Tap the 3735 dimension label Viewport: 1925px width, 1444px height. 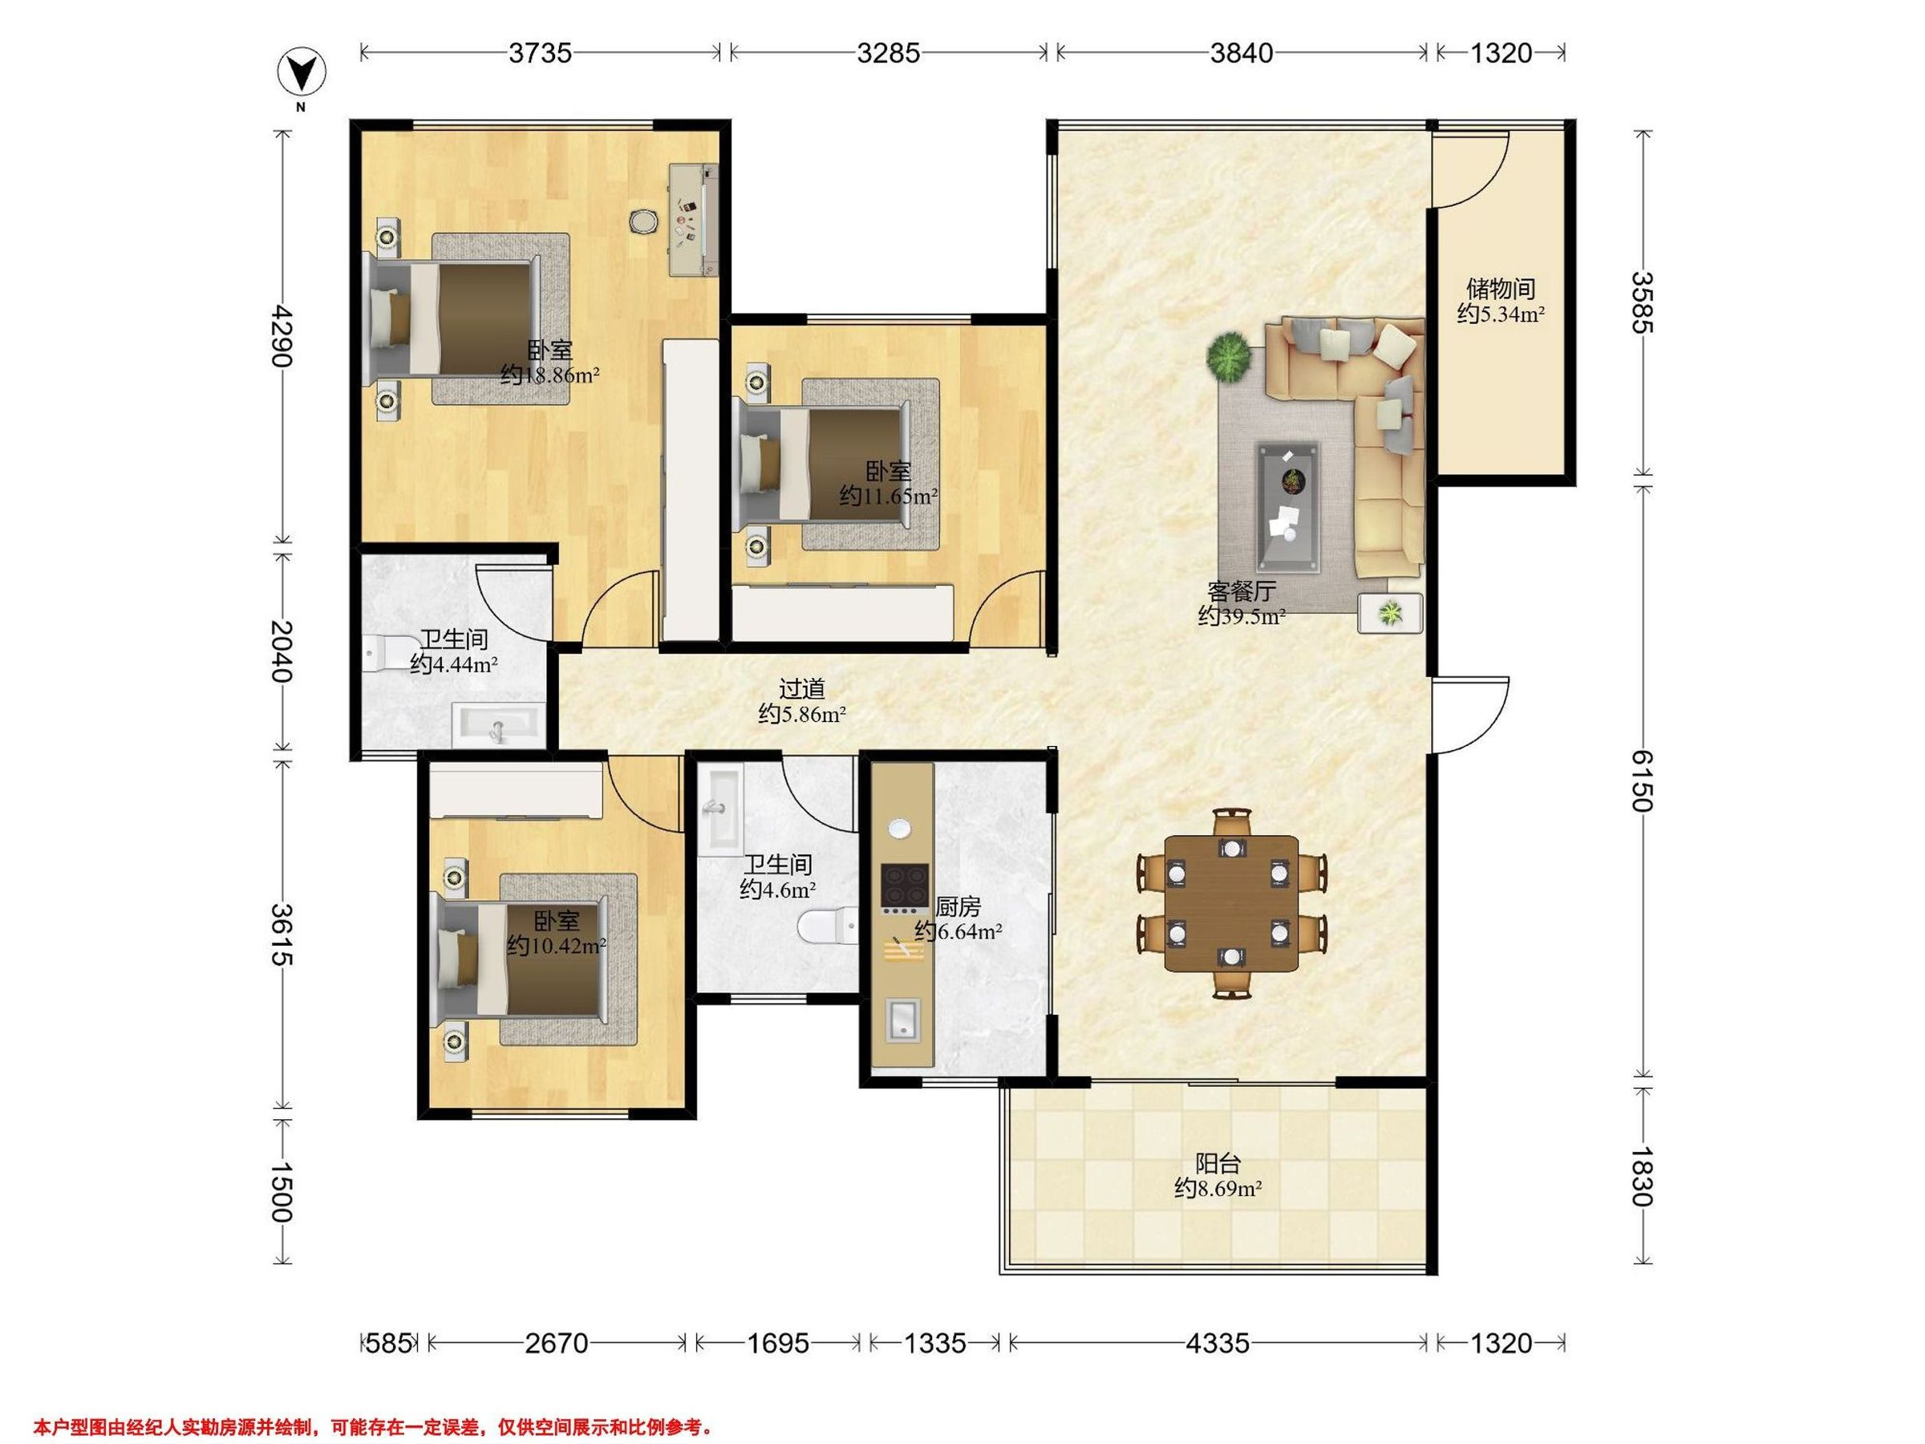click(541, 53)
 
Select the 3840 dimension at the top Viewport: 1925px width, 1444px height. click(1241, 53)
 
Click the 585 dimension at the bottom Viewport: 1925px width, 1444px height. click(388, 1343)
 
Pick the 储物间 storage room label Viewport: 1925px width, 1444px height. click(1501, 288)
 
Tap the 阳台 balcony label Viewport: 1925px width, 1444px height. click(1218, 1163)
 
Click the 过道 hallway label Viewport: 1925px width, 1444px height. click(801, 688)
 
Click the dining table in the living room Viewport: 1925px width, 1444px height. click(1230, 903)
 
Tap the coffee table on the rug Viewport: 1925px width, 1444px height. click(1288, 508)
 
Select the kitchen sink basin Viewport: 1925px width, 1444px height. click(903, 1020)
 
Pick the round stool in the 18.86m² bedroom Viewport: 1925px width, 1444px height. click(645, 221)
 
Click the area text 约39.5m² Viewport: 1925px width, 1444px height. click(1242, 616)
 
